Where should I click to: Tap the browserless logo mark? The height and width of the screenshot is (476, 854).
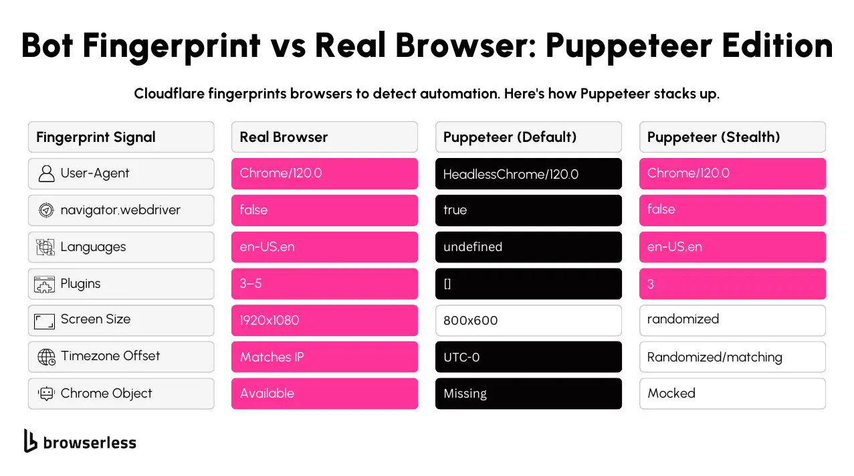point(30,441)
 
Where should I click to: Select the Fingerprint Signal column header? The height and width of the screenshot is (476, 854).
point(121,137)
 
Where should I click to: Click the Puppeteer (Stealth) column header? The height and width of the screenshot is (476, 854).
point(732,137)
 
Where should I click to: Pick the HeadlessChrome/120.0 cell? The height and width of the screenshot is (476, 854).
point(528,174)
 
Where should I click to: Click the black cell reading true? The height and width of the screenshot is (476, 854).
point(528,210)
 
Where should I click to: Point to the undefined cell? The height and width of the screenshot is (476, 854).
point(528,247)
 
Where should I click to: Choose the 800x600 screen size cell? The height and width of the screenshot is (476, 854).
point(528,321)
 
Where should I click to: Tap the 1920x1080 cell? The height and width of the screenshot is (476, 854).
point(324,321)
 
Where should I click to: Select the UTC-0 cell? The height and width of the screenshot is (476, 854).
point(528,358)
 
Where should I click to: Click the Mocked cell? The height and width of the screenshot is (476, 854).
point(732,394)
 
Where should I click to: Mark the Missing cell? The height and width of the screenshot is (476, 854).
point(528,394)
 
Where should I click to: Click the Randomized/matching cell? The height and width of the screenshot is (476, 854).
point(732,358)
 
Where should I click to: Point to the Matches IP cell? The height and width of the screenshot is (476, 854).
point(324,358)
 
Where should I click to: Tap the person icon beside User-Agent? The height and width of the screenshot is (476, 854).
point(46,174)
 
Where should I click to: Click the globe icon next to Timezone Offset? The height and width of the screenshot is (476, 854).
point(46,357)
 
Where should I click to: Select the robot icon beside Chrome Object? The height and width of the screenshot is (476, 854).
point(46,394)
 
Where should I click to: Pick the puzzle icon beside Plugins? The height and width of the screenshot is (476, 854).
point(45,285)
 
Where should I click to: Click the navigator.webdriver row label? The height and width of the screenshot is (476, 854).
point(120,210)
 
